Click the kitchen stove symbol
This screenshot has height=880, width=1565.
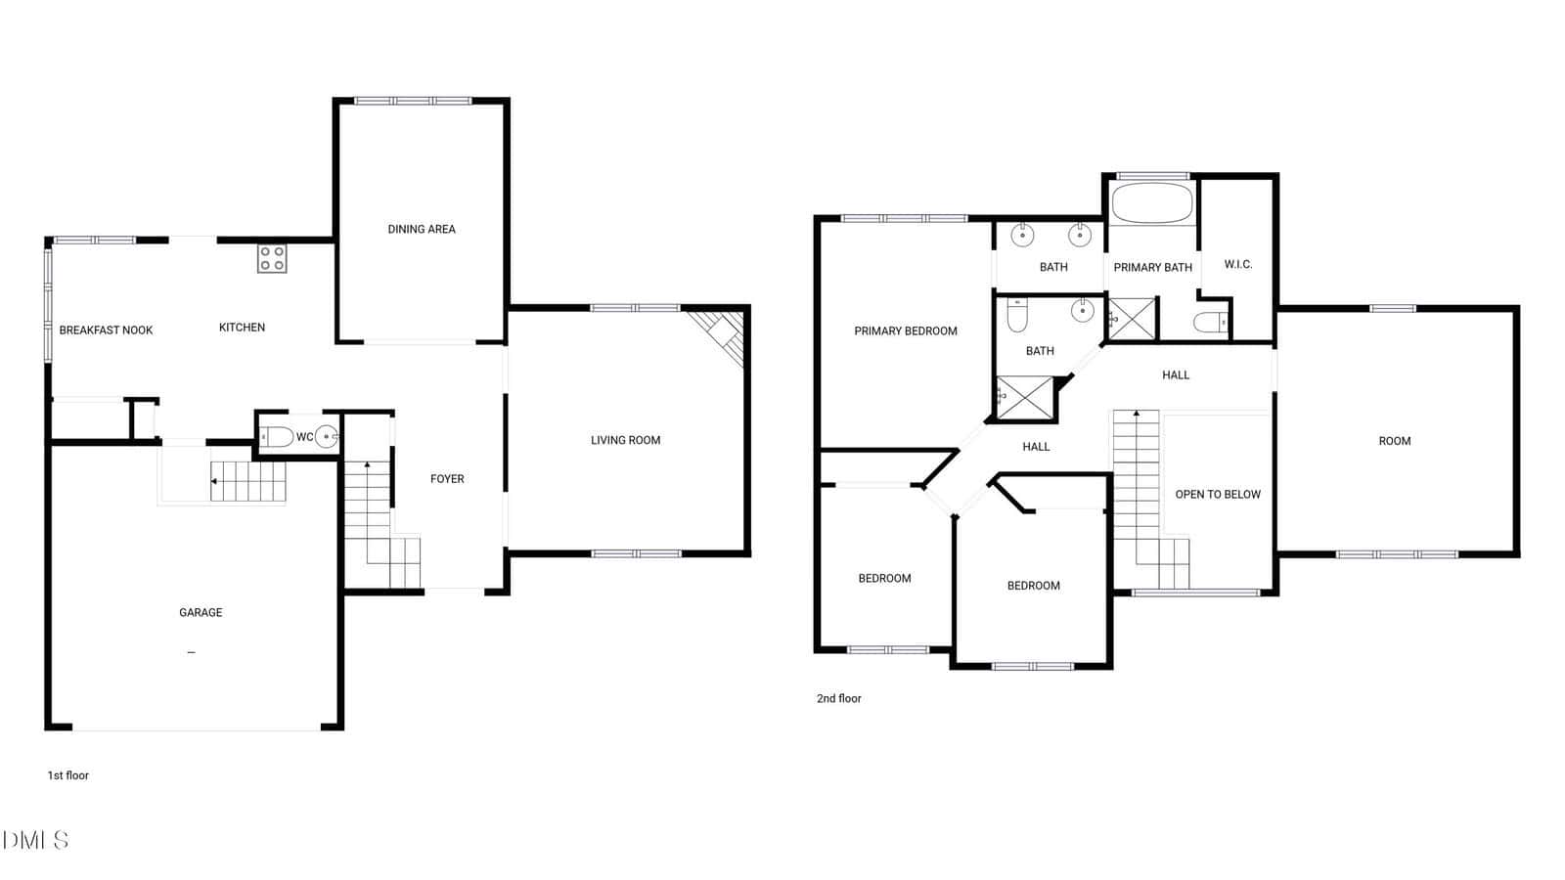272,258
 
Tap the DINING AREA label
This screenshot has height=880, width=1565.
422,229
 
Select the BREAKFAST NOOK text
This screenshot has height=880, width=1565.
107,330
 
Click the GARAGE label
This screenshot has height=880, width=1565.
201,612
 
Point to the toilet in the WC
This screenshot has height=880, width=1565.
277,437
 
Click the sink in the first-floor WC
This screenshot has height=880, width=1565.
327,437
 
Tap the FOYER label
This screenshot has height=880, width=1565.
447,479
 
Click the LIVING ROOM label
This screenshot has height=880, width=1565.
625,441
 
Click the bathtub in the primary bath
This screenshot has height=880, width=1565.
1152,202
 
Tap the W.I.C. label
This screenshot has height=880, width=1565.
1238,265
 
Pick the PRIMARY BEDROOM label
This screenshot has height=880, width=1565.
906,331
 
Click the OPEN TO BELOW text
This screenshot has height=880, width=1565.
1218,495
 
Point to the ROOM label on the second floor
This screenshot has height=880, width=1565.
1395,441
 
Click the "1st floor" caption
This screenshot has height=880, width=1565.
67,775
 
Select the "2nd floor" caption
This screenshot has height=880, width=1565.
838,698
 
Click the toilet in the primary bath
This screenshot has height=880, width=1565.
1211,322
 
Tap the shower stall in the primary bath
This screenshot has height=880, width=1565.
1132,319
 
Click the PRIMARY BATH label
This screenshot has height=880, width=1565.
1153,268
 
